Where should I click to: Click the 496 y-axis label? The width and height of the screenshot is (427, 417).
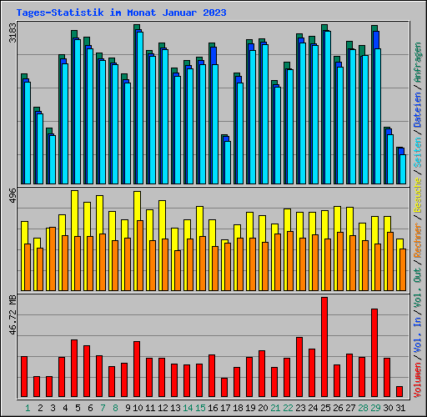pos(12,196)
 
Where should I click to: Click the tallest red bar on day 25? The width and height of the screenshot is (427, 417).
pos(324,346)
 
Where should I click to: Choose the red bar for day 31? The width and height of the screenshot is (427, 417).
pos(399,391)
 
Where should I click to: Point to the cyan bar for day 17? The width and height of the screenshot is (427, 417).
pos(227,163)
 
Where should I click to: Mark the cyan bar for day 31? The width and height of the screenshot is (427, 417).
pos(403,168)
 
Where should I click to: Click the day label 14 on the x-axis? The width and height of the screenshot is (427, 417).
pos(187,408)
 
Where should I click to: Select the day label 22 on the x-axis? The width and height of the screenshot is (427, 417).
pos(287,408)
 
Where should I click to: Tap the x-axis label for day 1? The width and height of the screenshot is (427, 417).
pos(27,408)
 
